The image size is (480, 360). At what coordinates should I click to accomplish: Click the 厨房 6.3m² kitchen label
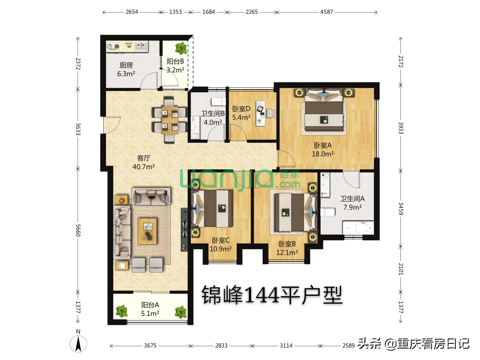[126, 70]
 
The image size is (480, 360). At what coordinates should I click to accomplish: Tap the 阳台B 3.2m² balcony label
[175, 66]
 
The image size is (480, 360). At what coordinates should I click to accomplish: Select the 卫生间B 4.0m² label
[213, 118]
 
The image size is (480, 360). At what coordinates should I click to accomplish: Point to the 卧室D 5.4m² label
[241, 113]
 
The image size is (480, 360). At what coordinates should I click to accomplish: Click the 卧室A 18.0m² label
[323, 150]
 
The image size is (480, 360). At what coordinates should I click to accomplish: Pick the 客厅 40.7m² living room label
[144, 162]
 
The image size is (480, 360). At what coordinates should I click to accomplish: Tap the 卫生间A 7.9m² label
[352, 203]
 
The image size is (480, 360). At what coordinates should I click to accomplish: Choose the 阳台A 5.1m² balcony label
[150, 309]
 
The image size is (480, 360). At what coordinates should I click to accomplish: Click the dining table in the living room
[169, 119]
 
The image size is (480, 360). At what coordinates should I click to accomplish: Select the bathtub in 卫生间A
[358, 228]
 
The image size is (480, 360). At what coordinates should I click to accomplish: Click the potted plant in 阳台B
[181, 48]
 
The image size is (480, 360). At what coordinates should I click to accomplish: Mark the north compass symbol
[78, 343]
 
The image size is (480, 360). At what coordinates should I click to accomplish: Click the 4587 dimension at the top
[327, 12]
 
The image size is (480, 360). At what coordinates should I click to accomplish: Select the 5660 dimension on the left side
[78, 230]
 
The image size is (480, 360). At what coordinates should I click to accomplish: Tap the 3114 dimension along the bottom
[286, 346]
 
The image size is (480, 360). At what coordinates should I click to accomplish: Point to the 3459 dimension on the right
[401, 209]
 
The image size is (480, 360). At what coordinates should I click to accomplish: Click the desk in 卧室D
[261, 113]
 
